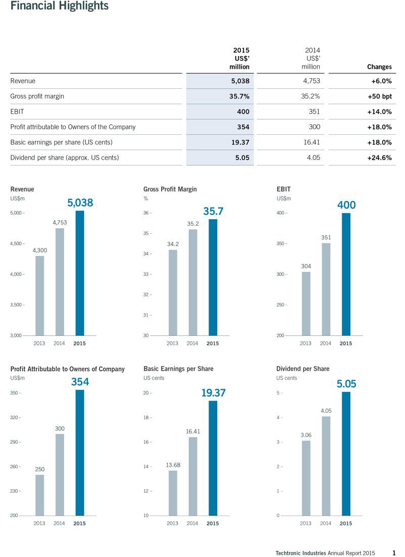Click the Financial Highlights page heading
point(59,6)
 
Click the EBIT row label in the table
point(17,112)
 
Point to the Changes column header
point(379,67)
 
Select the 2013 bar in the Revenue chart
point(40,295)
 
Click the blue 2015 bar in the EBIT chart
point(346,274)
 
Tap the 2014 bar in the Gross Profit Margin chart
point(193,282)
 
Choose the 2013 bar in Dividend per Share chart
point(306,478)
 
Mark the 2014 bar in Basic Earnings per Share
point(193,476)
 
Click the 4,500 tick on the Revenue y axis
point(16,244)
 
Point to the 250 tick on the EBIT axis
point(281,305)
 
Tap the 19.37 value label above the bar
point(213,393)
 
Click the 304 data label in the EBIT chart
point(306,266)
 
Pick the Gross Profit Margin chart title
point(170,189)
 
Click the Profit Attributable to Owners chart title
point(68,369)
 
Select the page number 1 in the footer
point(393,553)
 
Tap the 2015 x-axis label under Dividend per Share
point(346,523)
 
